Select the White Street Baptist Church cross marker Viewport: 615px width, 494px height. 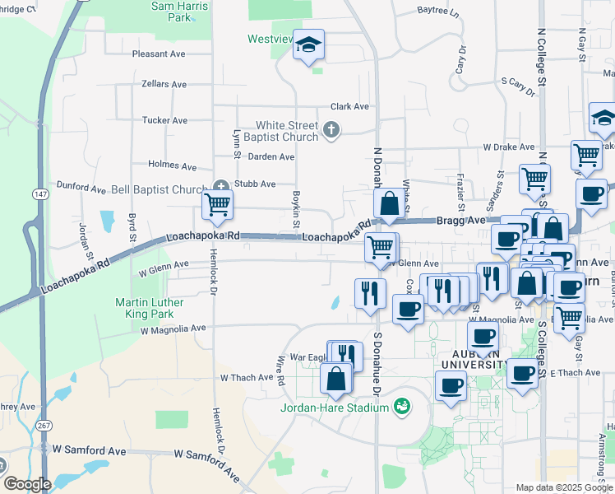pos(331,129)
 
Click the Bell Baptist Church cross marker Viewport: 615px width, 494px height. pos(220,186)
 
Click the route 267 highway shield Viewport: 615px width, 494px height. pos(43,425)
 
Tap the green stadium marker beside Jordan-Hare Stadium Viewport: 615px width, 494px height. pos(402,406)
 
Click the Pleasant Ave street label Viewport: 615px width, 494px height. pos(160,54)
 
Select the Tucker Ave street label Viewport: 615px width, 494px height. pos(164,120)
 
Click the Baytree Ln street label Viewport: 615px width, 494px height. pos(437,11)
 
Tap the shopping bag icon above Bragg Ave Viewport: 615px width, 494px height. pos(387,204)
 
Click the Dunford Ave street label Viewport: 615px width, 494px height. pos(81,188)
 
